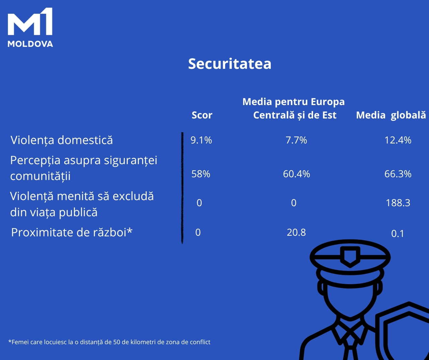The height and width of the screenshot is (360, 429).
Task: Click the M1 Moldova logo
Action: coord(30,28)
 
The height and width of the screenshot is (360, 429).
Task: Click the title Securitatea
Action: coord(230,63)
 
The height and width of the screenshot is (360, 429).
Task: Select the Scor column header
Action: coord(202,115)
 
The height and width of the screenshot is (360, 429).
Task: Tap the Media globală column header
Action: coord(391,115)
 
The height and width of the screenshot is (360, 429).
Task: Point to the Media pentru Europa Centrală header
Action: coord(294,108)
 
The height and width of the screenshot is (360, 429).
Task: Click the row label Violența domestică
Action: coord(62,140)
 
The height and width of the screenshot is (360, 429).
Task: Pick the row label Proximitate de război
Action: coord(72,233)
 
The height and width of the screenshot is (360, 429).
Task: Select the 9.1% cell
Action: coord(201,140)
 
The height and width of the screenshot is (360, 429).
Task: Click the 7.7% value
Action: coord(296,140)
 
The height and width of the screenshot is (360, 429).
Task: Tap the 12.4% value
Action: coord(398,140)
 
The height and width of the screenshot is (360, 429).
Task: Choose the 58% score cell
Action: coord(201,174)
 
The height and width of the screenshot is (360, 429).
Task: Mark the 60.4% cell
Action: coord(297,174)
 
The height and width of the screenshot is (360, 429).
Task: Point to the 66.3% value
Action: coord(398,174)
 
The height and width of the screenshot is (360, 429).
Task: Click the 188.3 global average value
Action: coord(398,203)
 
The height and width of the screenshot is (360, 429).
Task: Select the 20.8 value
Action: coord(296,233)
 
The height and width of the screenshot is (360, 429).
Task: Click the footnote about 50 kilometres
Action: coord(109,342)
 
